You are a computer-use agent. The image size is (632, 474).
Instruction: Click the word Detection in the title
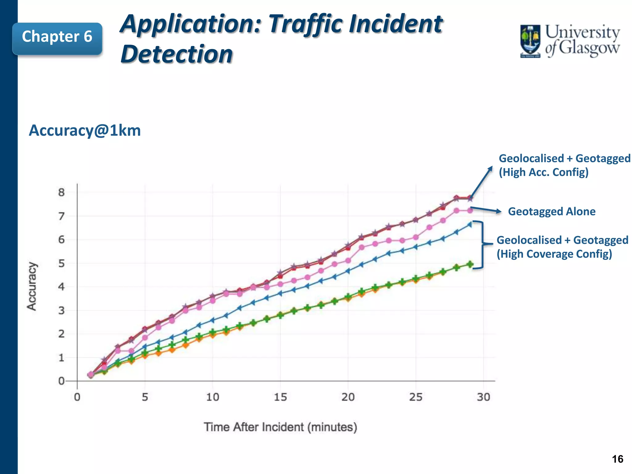[177, 54]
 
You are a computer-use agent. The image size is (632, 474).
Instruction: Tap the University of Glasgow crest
[530, 41]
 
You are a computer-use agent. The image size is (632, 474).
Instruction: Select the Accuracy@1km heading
[85, 131]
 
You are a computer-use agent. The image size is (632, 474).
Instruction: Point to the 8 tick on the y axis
[61, 193]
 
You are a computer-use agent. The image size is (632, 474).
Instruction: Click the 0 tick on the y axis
[61, 381]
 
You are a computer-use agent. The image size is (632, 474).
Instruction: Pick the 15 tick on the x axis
[280, 397]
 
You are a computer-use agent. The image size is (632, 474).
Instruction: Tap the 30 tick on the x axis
[483, 397]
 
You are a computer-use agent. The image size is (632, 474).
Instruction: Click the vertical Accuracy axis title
[32, 286]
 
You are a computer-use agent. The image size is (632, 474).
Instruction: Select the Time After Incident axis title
[280, 427]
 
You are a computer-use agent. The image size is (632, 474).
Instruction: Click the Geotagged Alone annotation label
[551, 212]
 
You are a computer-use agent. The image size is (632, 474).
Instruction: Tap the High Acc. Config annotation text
[543, 172]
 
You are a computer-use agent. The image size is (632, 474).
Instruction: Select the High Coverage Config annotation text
[554, 254]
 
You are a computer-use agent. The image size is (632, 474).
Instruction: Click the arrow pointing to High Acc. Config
[481, 182]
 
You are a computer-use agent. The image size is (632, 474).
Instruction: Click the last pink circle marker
[470, 210]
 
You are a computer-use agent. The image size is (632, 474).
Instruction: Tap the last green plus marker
[470, 264]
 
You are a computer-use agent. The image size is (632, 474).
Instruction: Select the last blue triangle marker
[469, 224]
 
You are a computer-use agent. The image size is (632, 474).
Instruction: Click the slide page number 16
[617, 459]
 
